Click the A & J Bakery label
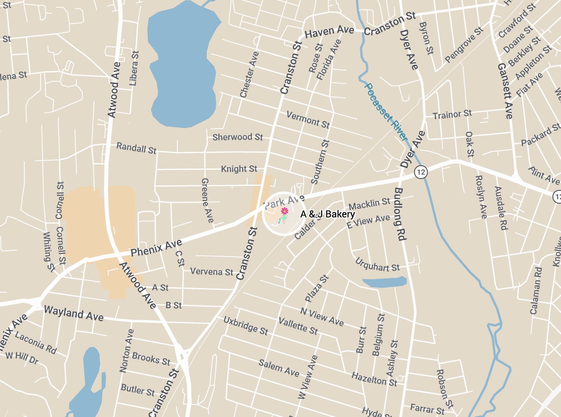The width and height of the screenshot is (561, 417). [x=327, y=214]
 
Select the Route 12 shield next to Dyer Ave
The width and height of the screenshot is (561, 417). [x=421, y=172]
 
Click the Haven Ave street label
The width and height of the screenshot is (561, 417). [x=329, y=32]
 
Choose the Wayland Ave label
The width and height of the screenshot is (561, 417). [x=74, y=313]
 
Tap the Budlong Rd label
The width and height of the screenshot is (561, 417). [x=399, y=214]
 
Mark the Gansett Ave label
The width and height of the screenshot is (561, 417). [x=505, y=91]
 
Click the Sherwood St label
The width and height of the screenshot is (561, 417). [x=238, y=137]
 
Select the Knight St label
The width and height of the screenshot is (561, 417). [x=239, y=168]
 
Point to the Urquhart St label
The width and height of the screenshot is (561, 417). [x=377, y=265]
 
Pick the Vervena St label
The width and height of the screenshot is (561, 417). [x=212, y=272]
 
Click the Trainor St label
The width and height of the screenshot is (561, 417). [x=452, y=115]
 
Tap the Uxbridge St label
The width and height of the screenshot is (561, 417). [x=246, y=325]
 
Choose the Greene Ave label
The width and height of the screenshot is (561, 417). [x=207, y=200]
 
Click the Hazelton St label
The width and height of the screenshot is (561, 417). [x=374, y=379]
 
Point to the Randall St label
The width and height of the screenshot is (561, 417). [x=136, y=148]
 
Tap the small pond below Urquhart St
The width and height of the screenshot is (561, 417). [x=384, y=282]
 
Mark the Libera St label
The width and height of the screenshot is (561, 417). [x=134, y=68]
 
